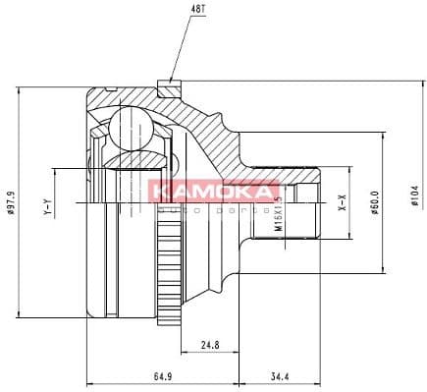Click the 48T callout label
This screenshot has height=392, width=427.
pyautogui.click(x=173, y=10)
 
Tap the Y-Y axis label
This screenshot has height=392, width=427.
pyautogui.click(x=46, y=209)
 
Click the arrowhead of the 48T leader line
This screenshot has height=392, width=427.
pyautogui.click(x=173, y=79)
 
